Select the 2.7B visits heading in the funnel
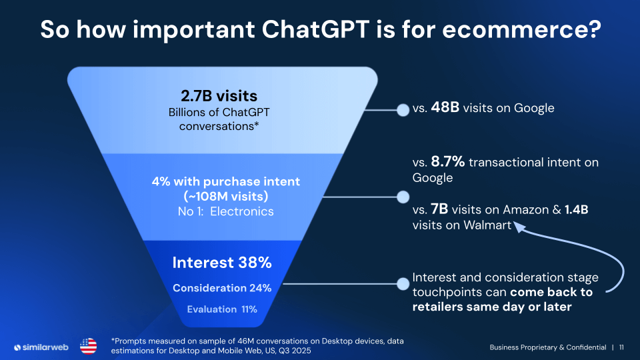[219, 95]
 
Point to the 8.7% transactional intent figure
[448, 162]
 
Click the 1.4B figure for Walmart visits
[577, 210]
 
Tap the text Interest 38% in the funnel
[222, 263]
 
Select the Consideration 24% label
[222, 288]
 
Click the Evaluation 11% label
[222, 309]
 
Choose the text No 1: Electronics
[221, 212]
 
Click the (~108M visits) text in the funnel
[222, 197]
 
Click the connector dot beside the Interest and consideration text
[403, 284]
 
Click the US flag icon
[88, 346]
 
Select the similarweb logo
[42, 347]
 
